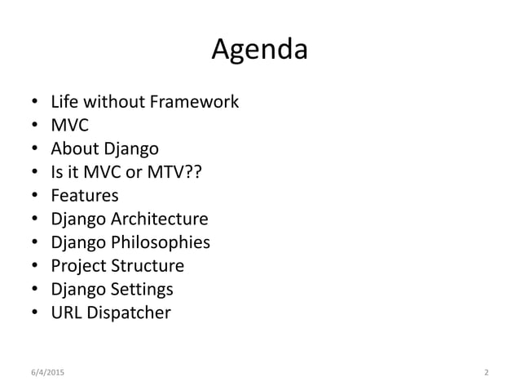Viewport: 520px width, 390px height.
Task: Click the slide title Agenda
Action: click(259, 51)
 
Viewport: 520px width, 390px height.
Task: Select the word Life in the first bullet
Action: click(63, 102)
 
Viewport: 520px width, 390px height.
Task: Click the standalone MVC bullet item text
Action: click(69, 126)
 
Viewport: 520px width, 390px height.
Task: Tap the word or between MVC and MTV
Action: click(134, 172)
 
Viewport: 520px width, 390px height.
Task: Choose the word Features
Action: click(84, 196)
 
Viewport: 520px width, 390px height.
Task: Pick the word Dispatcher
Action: click(129, 313)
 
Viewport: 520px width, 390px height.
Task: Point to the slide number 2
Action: click(486, 373)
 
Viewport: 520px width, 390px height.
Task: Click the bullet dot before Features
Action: click(34, 197)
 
